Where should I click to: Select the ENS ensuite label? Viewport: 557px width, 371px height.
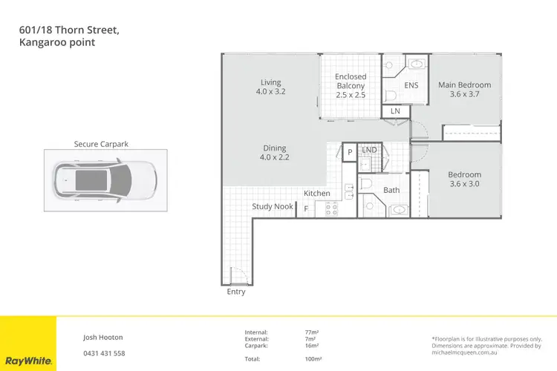tap(411, 85)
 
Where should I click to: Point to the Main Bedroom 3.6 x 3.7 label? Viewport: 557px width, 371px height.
tap(464, 90)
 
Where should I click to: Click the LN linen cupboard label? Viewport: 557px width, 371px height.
tap(395, 111)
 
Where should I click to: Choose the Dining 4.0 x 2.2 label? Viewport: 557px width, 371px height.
tap(273, 153)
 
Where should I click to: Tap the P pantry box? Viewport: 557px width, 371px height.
tap(349, 152)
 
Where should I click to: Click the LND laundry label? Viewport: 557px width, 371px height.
tap(369, 151)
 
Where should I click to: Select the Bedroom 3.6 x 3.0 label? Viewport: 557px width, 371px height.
tap(464, 180)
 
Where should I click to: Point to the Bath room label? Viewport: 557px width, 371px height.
tap(391, 191)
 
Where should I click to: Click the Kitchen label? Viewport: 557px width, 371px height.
tap(316, 194)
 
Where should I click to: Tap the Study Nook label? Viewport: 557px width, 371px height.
tap(273, 207)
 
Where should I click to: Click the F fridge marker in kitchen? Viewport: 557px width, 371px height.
tap(306, 209)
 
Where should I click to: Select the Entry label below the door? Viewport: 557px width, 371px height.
tap(235, 292)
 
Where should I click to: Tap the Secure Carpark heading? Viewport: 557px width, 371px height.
tap(101, 144)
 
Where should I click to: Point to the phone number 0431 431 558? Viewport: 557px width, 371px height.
tap(104, 353)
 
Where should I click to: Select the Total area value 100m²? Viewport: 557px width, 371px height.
tap(312, 359)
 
